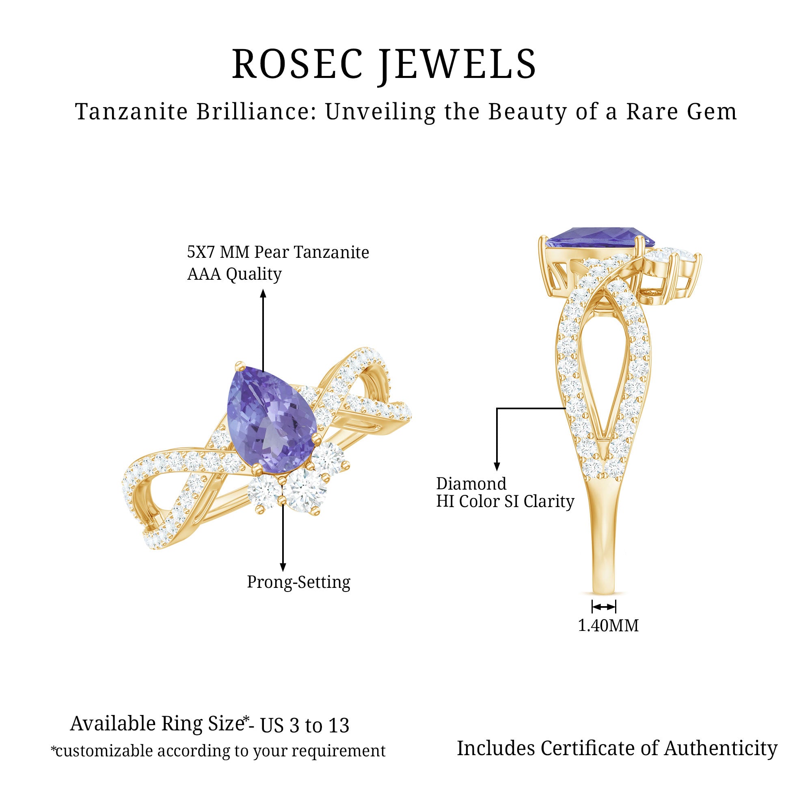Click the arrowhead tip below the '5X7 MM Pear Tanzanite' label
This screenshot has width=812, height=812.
click(x=263, y=289)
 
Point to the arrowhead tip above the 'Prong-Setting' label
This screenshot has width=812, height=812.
click(x=283, y=572)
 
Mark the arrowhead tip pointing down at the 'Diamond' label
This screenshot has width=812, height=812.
click(x=497, y=470)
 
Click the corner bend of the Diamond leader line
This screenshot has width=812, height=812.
click(x=497, y=408)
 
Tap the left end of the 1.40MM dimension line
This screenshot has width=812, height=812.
click(x=593, y=607)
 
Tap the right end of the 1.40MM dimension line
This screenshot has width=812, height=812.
click(x=616, y=607)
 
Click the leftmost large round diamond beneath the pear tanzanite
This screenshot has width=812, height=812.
click(x=264, y=492)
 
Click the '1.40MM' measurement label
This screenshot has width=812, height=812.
click(x=608, y=625)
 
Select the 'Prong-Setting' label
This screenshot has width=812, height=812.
click(x=298, y=583)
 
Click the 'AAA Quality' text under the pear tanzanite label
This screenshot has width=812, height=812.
click(x=234, y=274)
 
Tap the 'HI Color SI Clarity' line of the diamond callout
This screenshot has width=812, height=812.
click(x=505, y=501)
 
